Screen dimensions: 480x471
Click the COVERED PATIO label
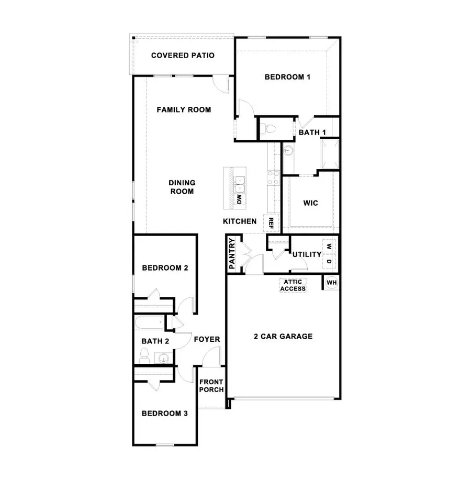[183, 55]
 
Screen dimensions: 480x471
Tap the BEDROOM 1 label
[287, 77]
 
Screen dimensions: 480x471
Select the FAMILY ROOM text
[184, 109]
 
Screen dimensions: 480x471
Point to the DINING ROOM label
[182, 187]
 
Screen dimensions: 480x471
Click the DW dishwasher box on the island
[239, 199]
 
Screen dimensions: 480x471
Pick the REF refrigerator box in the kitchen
[271, 223]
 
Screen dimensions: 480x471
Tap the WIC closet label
[310, 203]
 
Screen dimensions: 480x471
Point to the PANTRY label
[232, 254]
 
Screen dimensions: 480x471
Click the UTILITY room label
[307, 254]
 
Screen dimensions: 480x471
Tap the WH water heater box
[331, 283]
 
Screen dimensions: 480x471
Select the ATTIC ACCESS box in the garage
[293, 285]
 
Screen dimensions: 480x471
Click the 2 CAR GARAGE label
[283, 336]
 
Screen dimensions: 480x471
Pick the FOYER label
[207, 339]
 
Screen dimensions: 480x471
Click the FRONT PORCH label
[211, 385]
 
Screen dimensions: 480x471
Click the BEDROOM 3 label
[165, 413]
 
